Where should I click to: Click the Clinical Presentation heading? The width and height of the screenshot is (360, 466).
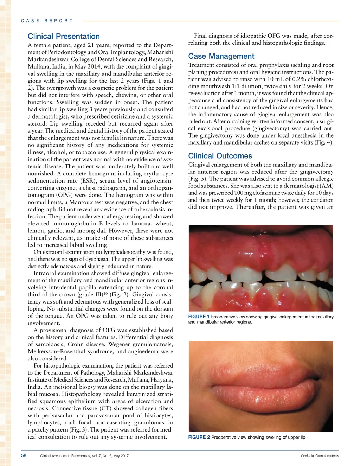click(64, 36)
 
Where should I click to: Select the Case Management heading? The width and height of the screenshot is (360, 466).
click(221, 56)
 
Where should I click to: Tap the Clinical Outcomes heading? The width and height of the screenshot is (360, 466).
click(220, 156)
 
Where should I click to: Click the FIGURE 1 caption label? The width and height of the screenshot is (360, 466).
click(199, 317)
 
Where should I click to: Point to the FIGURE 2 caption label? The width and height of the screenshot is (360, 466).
click(199, 437)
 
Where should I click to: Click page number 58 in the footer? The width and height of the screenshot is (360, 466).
click(24, 455)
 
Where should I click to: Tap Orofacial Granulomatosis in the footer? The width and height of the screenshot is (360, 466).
click(320, 456)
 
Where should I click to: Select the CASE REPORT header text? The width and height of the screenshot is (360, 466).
click(47, 21)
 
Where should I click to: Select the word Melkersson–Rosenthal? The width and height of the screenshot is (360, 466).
click(56, 351)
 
